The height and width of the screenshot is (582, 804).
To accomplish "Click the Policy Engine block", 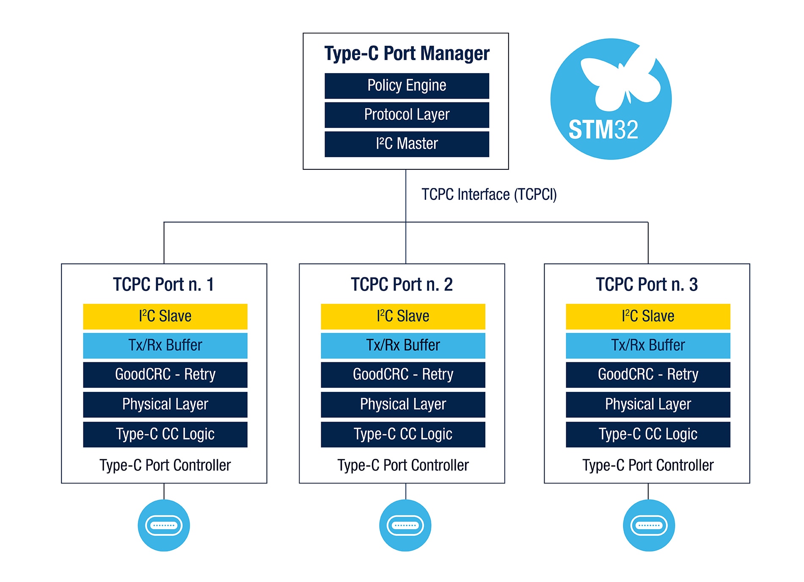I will [x=407, y=86].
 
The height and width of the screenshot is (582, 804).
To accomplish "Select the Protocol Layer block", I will [x=407, y=115].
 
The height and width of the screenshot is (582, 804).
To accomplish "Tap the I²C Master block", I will [x=407, y=144].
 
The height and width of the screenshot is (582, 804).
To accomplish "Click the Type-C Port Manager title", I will [x=407, y=54].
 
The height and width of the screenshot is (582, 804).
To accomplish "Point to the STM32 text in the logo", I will [x=603, y=130].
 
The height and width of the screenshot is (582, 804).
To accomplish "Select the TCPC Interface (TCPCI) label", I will [x=489, y=195].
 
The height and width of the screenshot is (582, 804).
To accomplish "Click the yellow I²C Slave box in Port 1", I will [x=165, y=316].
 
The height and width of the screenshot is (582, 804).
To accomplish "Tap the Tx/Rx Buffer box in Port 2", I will [x=403, y=345].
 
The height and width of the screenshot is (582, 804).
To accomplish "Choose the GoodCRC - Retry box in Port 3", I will [x=648, y=375].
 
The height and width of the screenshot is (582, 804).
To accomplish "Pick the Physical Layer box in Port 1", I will [x=165, y=404].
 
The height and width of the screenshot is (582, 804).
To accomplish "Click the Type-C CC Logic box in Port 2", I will [x=403, y=434].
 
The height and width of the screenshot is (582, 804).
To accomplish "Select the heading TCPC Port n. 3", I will [x=647, y=284].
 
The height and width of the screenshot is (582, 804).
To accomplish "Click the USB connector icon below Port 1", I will [x=164, y=525].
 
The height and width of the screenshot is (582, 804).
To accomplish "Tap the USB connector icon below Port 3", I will [x=649, y=525].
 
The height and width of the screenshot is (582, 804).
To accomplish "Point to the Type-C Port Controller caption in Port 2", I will [x=403, y=465].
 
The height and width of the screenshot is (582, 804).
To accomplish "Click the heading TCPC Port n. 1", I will [x=163, y=284].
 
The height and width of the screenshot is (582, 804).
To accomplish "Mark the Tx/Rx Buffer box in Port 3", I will [x=648, y=345].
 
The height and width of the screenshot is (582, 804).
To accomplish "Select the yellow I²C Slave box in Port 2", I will [x=403, y=316].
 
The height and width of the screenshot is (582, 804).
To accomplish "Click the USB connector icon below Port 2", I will [x=405, y=525].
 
